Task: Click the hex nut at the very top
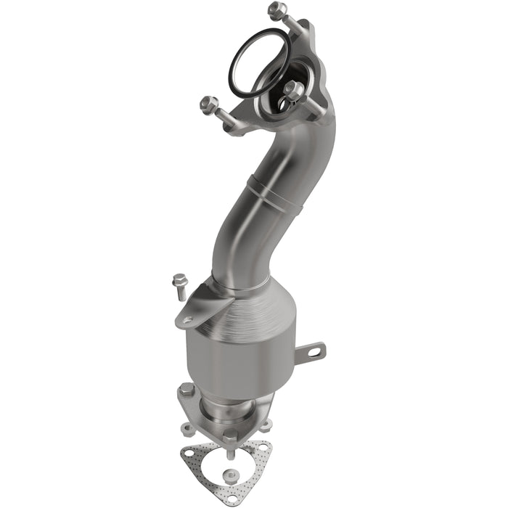click(277, 11)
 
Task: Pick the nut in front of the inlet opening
click(293, 90)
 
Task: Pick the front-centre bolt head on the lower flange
click(230, 438)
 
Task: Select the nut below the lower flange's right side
click(266, 425)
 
